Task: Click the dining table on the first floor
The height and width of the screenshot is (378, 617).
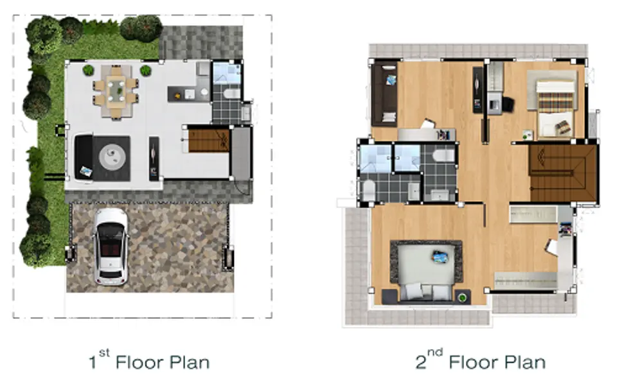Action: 116,92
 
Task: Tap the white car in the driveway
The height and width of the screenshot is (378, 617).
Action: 111,246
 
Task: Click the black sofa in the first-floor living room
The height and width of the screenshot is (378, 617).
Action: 84,158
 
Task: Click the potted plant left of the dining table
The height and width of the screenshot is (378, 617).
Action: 89,71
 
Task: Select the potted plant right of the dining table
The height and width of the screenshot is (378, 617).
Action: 146,71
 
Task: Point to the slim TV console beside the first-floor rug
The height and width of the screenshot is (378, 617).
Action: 154,159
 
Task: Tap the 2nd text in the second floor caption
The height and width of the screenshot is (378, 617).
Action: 429,359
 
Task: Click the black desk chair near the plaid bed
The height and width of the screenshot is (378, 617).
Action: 508,104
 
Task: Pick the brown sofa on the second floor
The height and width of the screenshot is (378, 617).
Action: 384,94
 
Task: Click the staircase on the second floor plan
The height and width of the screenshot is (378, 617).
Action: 564,173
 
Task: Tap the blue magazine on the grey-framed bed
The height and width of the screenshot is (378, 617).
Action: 441,257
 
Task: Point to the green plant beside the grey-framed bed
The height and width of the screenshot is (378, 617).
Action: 463,297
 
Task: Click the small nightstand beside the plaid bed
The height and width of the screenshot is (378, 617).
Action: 527,135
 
